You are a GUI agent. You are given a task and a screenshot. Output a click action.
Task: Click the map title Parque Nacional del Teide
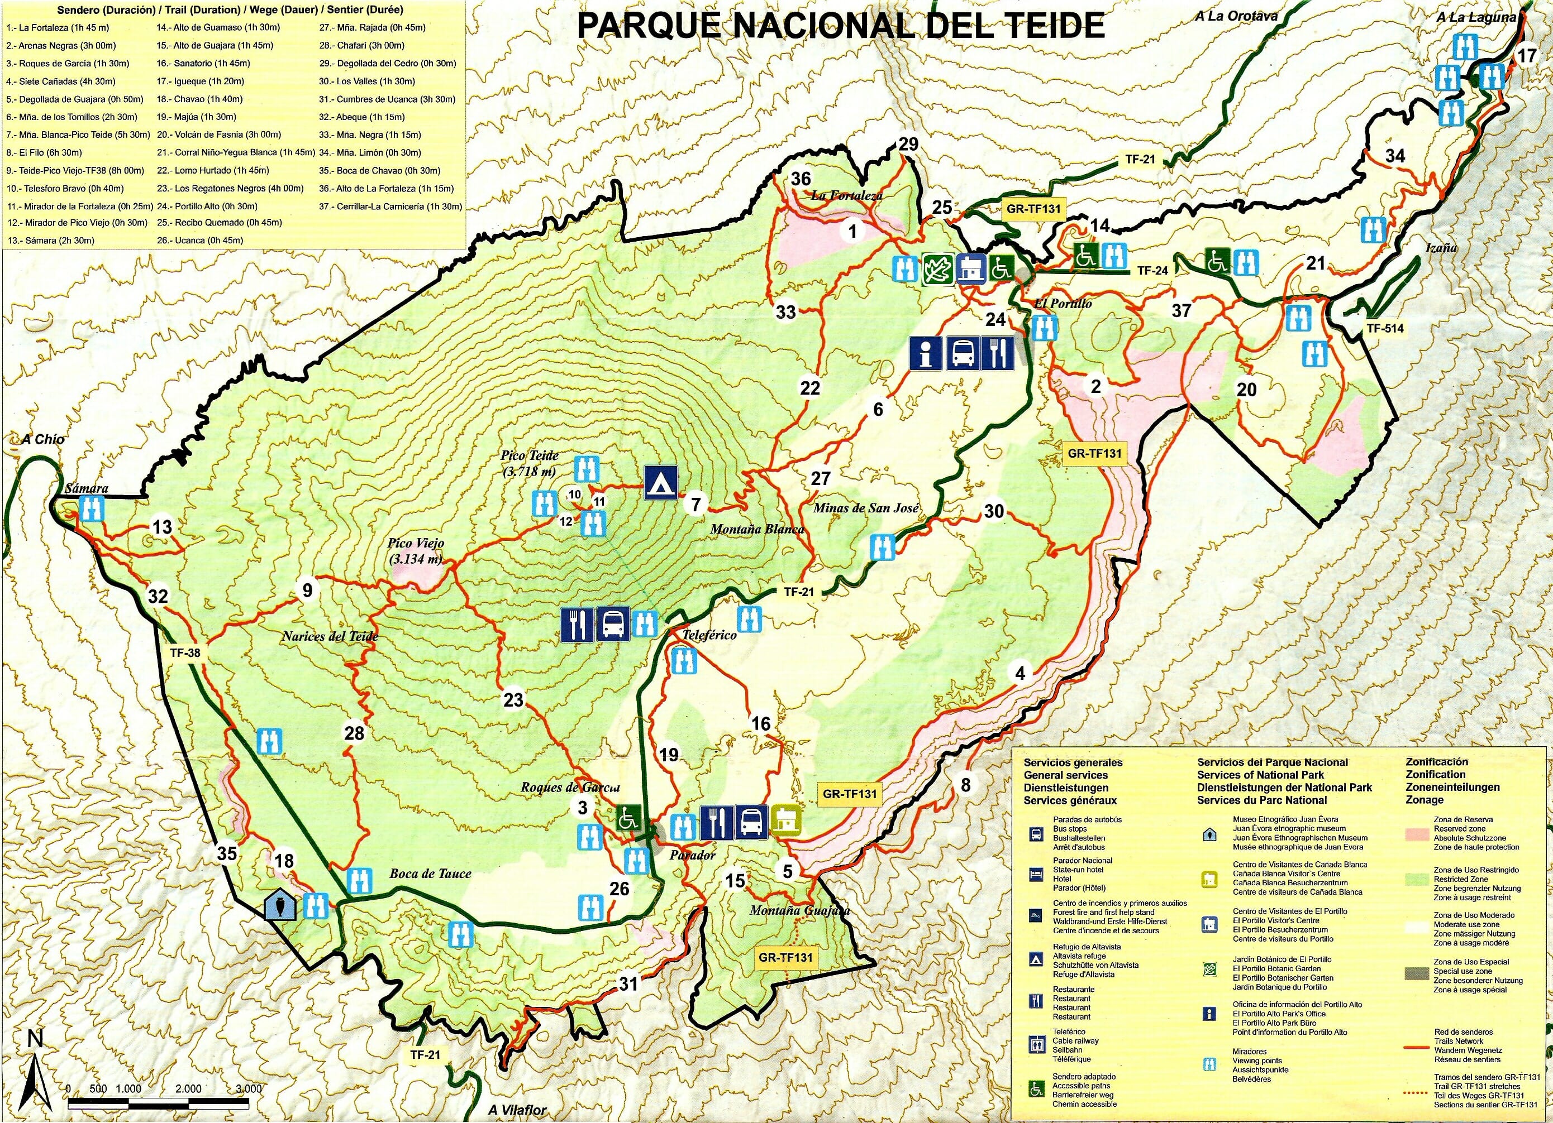tap(841, 26)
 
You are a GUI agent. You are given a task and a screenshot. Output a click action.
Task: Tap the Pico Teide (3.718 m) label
tap(530, 463)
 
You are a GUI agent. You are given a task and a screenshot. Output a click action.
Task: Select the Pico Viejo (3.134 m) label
tap(416, 551)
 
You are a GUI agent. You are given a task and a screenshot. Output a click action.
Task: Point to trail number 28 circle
tap(354, 733)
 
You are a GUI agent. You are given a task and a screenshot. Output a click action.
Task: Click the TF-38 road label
tap(185, 653)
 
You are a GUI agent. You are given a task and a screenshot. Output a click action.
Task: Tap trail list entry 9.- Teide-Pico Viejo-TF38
tap(75, 170)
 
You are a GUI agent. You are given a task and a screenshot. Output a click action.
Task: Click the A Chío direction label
tap(42, 439)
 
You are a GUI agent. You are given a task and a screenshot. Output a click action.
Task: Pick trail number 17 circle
tap(1527, 55)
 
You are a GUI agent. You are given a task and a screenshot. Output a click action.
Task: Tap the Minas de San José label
tap(865, 508)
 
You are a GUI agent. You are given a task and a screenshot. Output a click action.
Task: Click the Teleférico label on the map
tap(709, 635)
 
